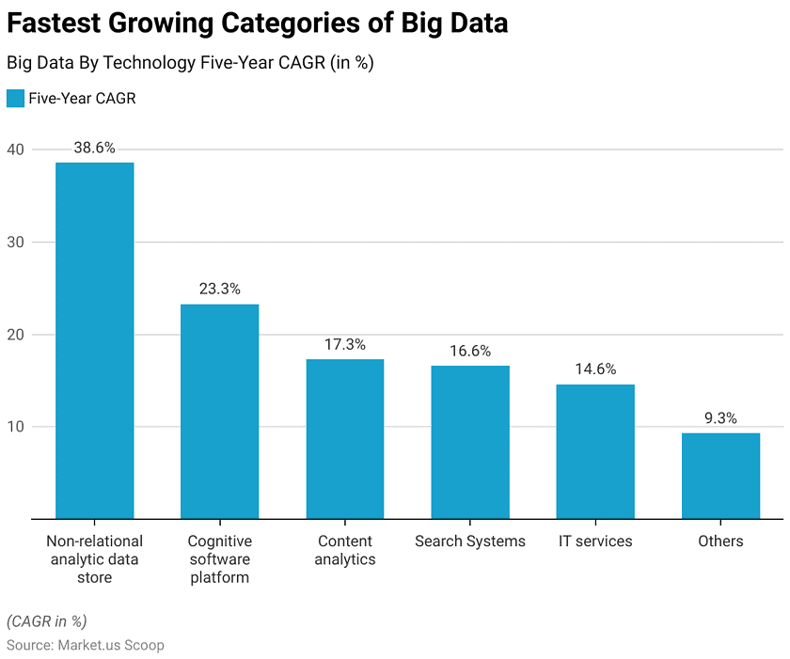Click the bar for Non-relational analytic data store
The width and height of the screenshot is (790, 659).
94,340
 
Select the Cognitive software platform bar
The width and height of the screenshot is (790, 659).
219,411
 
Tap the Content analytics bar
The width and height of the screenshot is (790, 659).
344,438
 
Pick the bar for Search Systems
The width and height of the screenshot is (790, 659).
470,442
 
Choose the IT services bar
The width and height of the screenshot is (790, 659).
595,451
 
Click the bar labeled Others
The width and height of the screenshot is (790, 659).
720,476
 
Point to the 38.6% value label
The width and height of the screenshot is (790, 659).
94,148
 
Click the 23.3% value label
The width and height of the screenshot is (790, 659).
219,289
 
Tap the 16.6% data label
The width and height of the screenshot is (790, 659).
470,351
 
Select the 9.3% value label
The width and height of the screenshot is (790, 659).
720,418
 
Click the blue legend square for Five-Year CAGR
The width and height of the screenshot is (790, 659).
15,99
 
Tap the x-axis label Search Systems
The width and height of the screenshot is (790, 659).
470,541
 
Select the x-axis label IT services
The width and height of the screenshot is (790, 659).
595,541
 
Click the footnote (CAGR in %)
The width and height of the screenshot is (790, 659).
47,621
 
